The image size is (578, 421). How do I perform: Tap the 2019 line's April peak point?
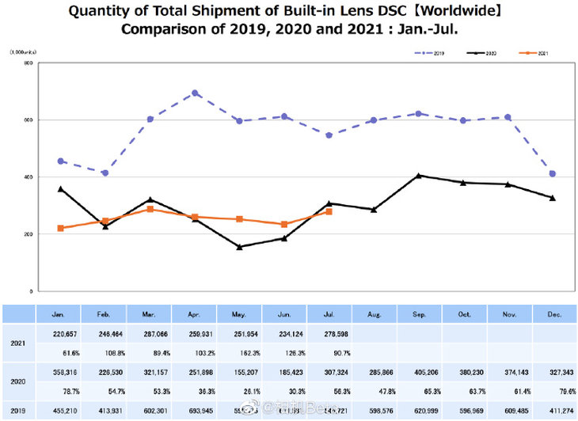[x=195, y=93]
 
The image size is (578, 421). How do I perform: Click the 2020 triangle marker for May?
[x=238, y=247]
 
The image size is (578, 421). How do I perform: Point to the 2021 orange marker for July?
[x=329, y=211]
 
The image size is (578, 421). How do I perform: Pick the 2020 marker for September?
[x=418, y=176]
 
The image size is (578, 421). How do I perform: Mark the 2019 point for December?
[x=552, y=173]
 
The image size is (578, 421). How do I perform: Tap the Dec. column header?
[x=553, y=314]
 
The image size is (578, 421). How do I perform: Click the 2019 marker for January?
[x=60, y=161]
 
